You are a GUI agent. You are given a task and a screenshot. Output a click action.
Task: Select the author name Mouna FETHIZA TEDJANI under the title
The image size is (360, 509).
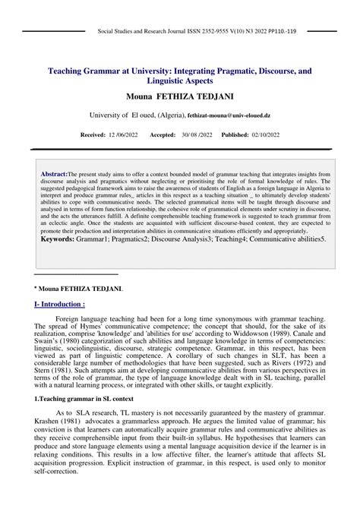[179, 98]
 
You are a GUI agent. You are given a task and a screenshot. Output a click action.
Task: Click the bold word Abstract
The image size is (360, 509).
[54, 174]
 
